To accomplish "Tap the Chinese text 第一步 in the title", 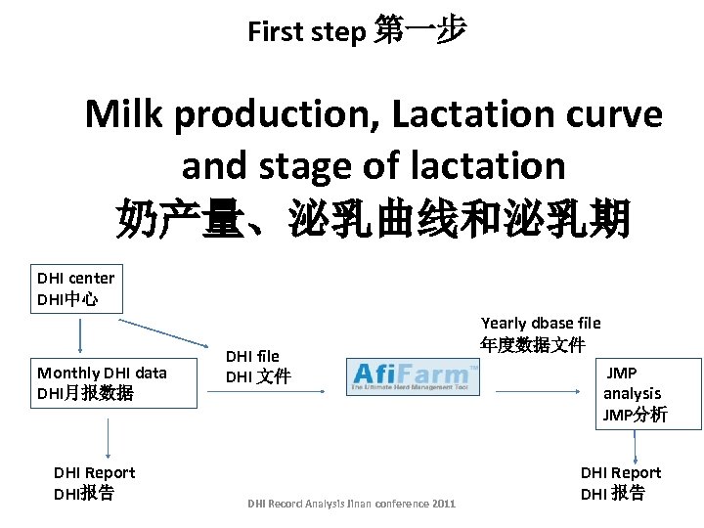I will tap(419, 31).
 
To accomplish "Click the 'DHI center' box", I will tap(76, 288).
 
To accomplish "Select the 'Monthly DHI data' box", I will tap(102, 382).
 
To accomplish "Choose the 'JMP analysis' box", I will tap(635, 394).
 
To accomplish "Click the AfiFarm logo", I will tap(414, 375).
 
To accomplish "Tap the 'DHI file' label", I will tap(256, 367).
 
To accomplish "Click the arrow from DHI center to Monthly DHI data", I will tap(79, 336).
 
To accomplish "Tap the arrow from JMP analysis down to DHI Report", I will tap(636, 446).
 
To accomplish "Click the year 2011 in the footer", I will tap(441, 504).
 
